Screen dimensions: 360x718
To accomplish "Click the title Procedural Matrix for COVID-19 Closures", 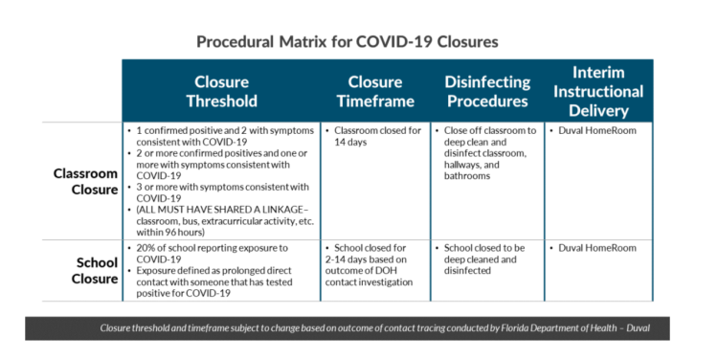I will tap(347, 42).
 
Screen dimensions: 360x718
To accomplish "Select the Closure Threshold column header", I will tap(221, 91).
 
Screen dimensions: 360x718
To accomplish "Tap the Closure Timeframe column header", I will tap(374, 91).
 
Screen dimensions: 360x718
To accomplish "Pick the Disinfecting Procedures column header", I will tap(486, 91).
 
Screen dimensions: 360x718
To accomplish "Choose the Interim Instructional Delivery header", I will tap(598, 91).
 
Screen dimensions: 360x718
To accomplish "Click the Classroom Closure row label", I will tap(85, 181).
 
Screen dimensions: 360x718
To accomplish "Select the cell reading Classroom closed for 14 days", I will tap(372, 135).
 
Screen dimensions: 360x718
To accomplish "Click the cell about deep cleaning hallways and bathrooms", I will tap(487, 152).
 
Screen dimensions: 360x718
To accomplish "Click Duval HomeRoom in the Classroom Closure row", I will tap(595, 129).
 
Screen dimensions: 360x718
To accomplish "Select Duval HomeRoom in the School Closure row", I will tap(595, 248).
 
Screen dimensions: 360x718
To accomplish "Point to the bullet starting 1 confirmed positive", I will tap(219, 135).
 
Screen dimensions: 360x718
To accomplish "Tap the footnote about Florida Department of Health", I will tap(375, 327).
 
